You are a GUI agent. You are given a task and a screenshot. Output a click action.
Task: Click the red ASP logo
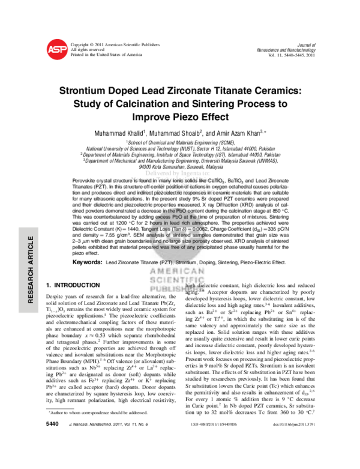56,50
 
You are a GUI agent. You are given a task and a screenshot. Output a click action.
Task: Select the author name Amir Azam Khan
238,132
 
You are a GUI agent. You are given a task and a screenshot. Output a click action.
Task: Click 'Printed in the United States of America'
106,54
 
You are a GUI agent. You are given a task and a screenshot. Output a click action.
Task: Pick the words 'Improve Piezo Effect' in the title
179,117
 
